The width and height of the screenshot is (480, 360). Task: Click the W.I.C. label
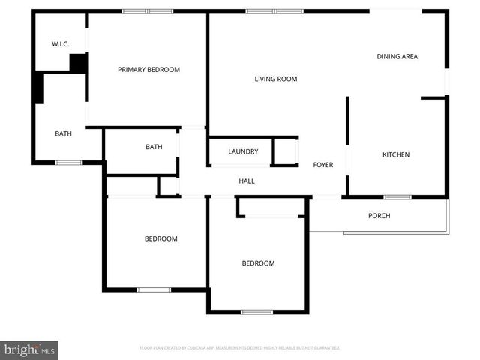[x=61, y=44]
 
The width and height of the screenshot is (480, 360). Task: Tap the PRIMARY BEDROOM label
[x=149, y=70]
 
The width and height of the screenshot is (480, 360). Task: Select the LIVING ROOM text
[x=276, y=79]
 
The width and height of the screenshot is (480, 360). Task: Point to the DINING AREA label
[x=397, y=57]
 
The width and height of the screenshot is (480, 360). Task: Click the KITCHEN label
[x=396, y=155]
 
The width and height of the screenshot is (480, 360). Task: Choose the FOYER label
[x=323, y=165]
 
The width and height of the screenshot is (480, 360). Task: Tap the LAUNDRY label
[x=243, y=151]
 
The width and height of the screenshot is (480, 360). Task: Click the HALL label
[x=247, y=181]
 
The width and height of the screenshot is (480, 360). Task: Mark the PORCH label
[x=379, y=216]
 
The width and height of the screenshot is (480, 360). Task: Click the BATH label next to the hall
[x=154, y=147]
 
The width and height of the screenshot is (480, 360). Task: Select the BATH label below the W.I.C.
[x=64, y=134]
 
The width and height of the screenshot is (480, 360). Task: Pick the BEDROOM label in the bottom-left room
[x=160, y=239]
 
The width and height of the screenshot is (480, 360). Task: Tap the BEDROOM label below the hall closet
[x=258, y=263]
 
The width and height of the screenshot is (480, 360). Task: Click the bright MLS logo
[x=30, y=349]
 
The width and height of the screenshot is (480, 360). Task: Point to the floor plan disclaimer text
[x=240, y=348]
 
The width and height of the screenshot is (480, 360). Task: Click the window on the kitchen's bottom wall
[x=397, y=197]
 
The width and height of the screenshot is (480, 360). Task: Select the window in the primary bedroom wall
[x=148, y=11]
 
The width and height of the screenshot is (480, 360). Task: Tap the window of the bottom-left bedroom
[x=153, y=289]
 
